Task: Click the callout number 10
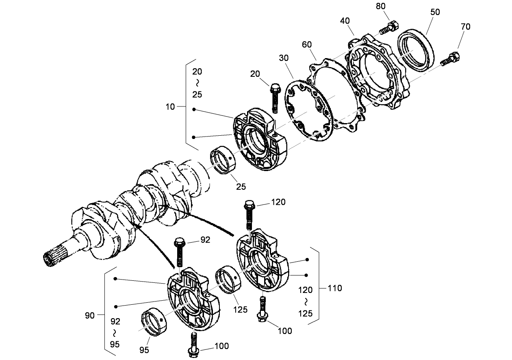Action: [x=170, y=107]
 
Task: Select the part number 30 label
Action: [x=284, y=58]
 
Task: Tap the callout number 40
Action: [x=345, y=21]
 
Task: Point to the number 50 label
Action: [x=435, y=12]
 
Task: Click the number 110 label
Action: [x=335, y=288]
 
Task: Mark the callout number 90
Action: [x=90, y=315]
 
